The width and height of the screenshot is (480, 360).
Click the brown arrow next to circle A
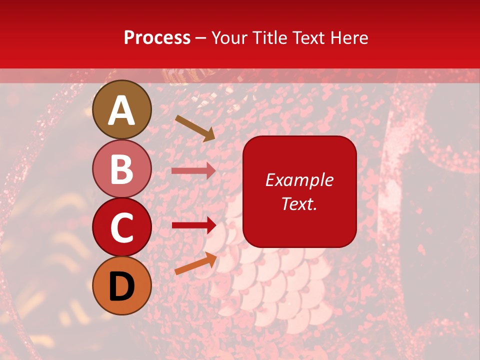pyautogui.click(x=195, y=128)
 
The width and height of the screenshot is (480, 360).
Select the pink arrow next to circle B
pyautogui.click(x=193, y=170)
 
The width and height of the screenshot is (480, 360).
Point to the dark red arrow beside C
pyautogui.click(x=193, y=225)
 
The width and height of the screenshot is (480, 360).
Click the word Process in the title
pyautogui.click(x=157, y=37)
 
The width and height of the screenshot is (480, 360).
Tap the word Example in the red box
pyautogui.click(x=299, y=180)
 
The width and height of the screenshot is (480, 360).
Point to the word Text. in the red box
pyautogui.click(x=299, y=203)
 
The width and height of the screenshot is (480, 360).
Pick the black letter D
pyautogui.click(x=121, y=286)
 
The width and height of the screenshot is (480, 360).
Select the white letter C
pyautogui.click(x=121, y=228)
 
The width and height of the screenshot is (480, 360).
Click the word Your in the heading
pyautogui.click(x=230, y=37)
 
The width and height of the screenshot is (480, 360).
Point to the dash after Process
pyautogui.click(x=201, y=38)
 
